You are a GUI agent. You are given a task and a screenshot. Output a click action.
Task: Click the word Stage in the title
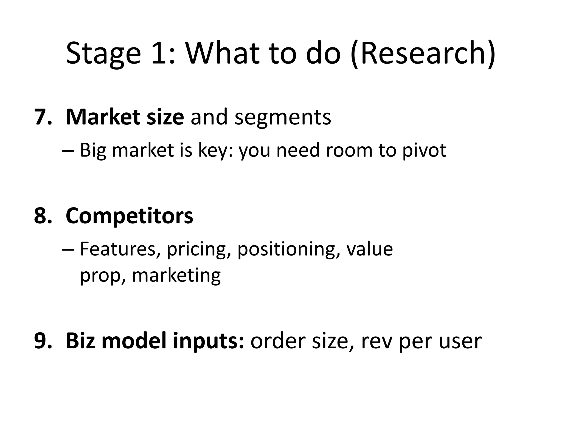pos(103,53)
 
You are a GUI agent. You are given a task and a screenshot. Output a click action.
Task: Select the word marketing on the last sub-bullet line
pos(176,276)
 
